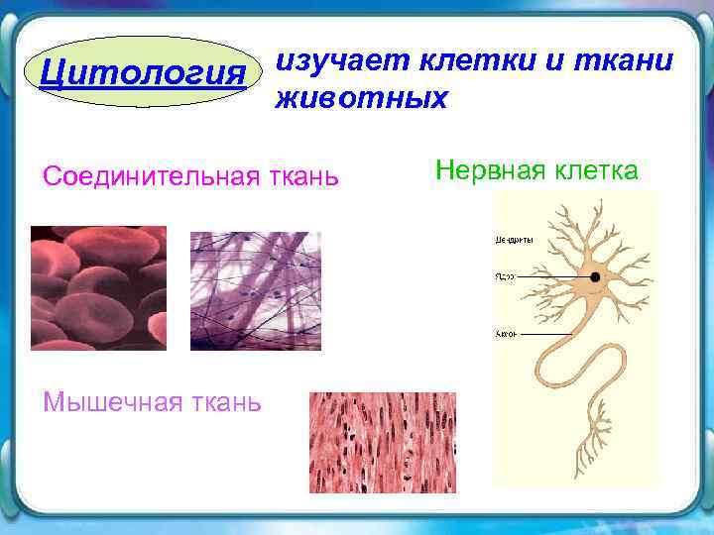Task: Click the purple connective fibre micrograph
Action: coord(256,290)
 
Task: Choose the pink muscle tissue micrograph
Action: coord(383,442)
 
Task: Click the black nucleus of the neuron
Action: coord(596,278)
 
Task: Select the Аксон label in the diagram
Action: coord(506,334)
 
